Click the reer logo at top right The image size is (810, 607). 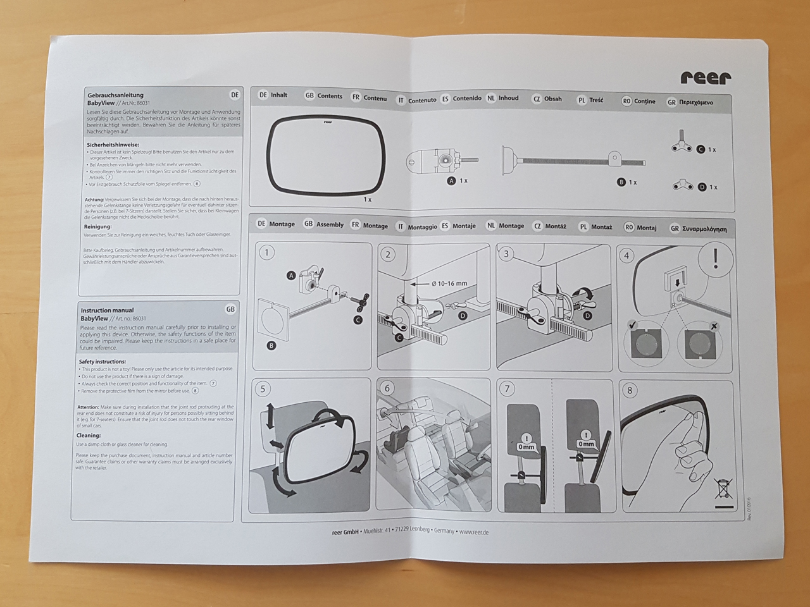(706, 77)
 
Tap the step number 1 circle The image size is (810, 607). (267, 253)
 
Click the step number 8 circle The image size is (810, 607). (629, 390)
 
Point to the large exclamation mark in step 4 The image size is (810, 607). (716, 259)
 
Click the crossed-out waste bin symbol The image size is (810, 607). (723, 489)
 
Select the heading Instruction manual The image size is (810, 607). (107, 310)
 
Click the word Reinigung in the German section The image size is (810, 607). (97, 226)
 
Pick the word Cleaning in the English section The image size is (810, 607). (89, 435)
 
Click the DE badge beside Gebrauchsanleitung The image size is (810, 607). (235, 95)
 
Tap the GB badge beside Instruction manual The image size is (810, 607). (230, 309)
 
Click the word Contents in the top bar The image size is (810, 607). (330, 96)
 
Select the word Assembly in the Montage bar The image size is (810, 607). (330, 224)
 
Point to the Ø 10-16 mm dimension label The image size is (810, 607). (449, 283)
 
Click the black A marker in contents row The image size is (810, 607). (451, 181)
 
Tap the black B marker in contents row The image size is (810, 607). (621, 182)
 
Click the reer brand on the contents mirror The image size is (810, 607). (327, 121)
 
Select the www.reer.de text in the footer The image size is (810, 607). (473, 532)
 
